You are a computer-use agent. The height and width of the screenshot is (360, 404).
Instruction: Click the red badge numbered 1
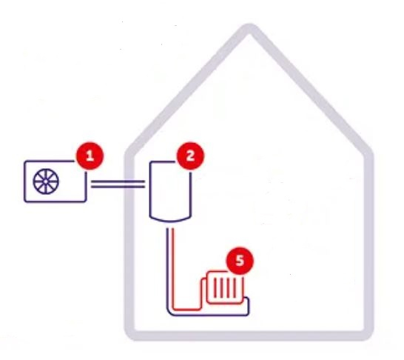pos(90,156)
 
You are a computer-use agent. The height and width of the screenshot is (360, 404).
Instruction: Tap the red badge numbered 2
pos(190,156)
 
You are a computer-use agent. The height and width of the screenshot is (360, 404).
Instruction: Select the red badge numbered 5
pos(240,261)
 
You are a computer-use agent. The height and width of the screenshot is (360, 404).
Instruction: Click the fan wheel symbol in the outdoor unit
pos(46,181)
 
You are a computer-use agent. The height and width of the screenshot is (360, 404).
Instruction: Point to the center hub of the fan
pos(46,181)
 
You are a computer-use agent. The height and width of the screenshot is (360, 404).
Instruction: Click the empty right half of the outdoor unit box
pos(73,186)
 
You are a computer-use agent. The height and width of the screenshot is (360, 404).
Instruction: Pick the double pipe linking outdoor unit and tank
pos(118,184)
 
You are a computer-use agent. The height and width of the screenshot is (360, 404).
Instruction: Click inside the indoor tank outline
pos(170,191)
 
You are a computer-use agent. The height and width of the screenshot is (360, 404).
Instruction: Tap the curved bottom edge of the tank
pos(170,221)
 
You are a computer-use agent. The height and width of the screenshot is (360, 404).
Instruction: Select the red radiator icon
pos(223,288)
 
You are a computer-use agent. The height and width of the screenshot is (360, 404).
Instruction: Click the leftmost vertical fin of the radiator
pos(215,287)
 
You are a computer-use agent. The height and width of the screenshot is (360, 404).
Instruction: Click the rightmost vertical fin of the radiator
pos(235,287)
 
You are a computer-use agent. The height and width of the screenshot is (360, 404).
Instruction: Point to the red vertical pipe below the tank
pos(172,268)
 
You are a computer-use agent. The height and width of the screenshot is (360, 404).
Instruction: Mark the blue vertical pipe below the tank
pos(167,268)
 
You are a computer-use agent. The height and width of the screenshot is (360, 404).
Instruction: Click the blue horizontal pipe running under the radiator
pos(209,315)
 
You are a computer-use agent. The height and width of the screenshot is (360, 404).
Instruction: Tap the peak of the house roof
pos(249,28)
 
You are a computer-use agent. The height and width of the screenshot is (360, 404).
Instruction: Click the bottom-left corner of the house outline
pos(129,336)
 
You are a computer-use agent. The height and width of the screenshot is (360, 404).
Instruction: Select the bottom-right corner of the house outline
pos(368,336)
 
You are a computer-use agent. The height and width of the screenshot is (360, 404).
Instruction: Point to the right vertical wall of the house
pos(368,242)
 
